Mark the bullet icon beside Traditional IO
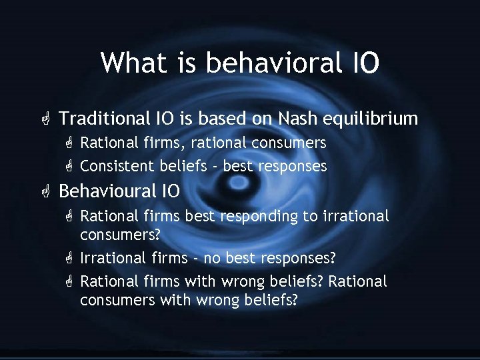pyautogui.click(x=45, y=119)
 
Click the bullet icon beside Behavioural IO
pyautogui.click(x=45, y=191)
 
